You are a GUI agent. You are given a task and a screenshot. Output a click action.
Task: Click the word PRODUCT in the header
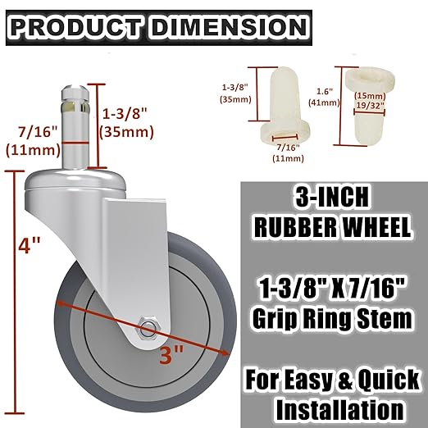[77, 26]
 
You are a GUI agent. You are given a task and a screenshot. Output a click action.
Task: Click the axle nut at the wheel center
[146, 329]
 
